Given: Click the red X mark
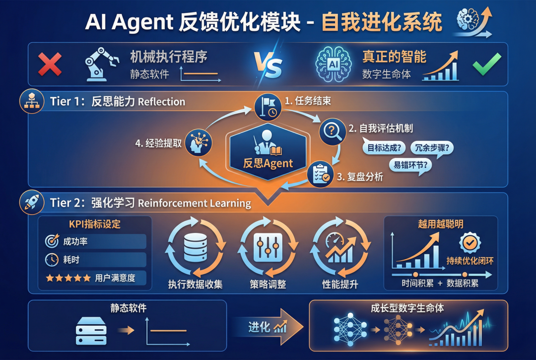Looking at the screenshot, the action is pos(50,64).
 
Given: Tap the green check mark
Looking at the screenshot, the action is pos(486,64).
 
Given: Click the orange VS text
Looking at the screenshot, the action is pos(268,65).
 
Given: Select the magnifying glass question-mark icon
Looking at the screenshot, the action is pos(332,131).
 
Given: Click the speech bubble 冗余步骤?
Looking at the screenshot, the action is pos(435,147).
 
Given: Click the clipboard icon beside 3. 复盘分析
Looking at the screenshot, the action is pos(320,174).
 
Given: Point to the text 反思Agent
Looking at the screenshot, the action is pos(268,163).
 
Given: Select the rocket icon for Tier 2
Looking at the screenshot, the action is pos(32,202).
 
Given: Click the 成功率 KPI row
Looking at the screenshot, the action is pos(94,241).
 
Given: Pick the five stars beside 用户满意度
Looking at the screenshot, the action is pos(68,278).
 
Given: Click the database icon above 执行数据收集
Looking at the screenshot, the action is pos(195,247).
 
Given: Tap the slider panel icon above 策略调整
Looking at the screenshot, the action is pos(268,247).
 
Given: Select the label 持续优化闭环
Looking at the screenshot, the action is pos(469,261).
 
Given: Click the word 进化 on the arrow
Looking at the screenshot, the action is pos(259,327).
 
